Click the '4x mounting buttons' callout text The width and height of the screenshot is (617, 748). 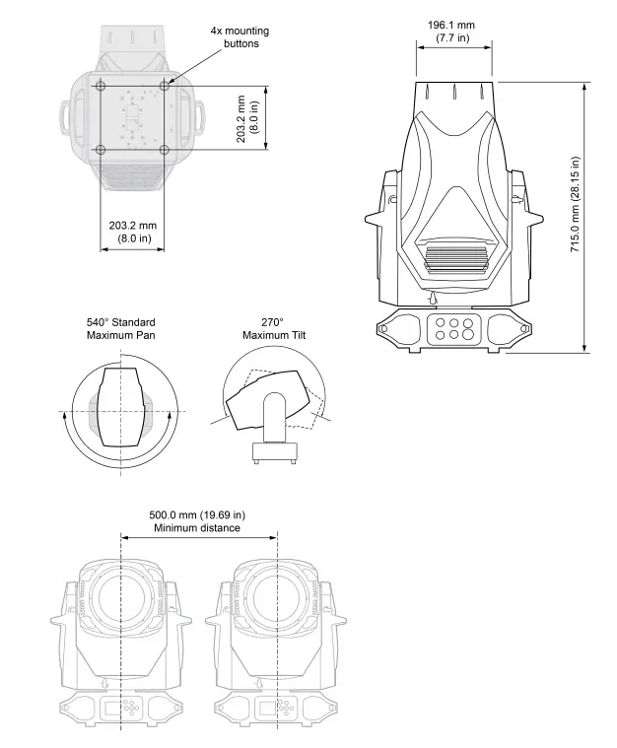tap(240, 37)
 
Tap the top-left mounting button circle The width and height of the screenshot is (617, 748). tap(101, 86)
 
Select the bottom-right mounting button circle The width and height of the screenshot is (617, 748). tap(165, 150)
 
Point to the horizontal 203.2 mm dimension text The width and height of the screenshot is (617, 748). tap(132, 232)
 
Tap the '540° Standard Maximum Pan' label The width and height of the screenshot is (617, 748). tap(120, 329)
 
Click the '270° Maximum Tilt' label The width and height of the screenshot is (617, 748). tap(274, 329)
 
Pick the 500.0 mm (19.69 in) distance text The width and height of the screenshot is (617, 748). tap(197, 514)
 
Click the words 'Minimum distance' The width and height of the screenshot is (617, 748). tap(197, 529)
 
